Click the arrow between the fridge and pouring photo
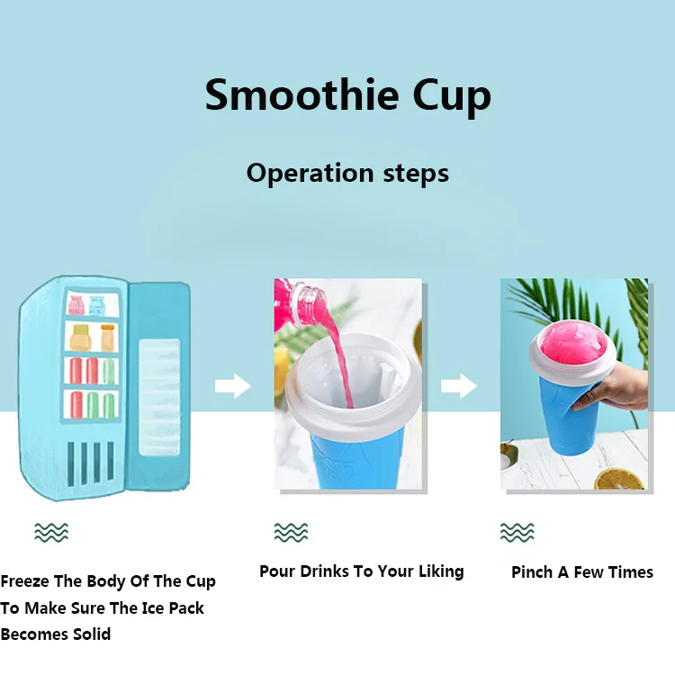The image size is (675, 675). coord(232,388)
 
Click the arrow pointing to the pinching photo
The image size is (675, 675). coord(458,388)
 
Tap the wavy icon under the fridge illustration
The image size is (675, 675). coord(50,532)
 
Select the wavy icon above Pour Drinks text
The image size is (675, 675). coord(290,532)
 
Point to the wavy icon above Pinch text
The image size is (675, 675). coord(517,532)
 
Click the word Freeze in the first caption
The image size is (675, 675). coord(28,581)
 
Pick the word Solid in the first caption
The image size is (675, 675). coord(92,634)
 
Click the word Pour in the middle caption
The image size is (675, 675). coord(276,571)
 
